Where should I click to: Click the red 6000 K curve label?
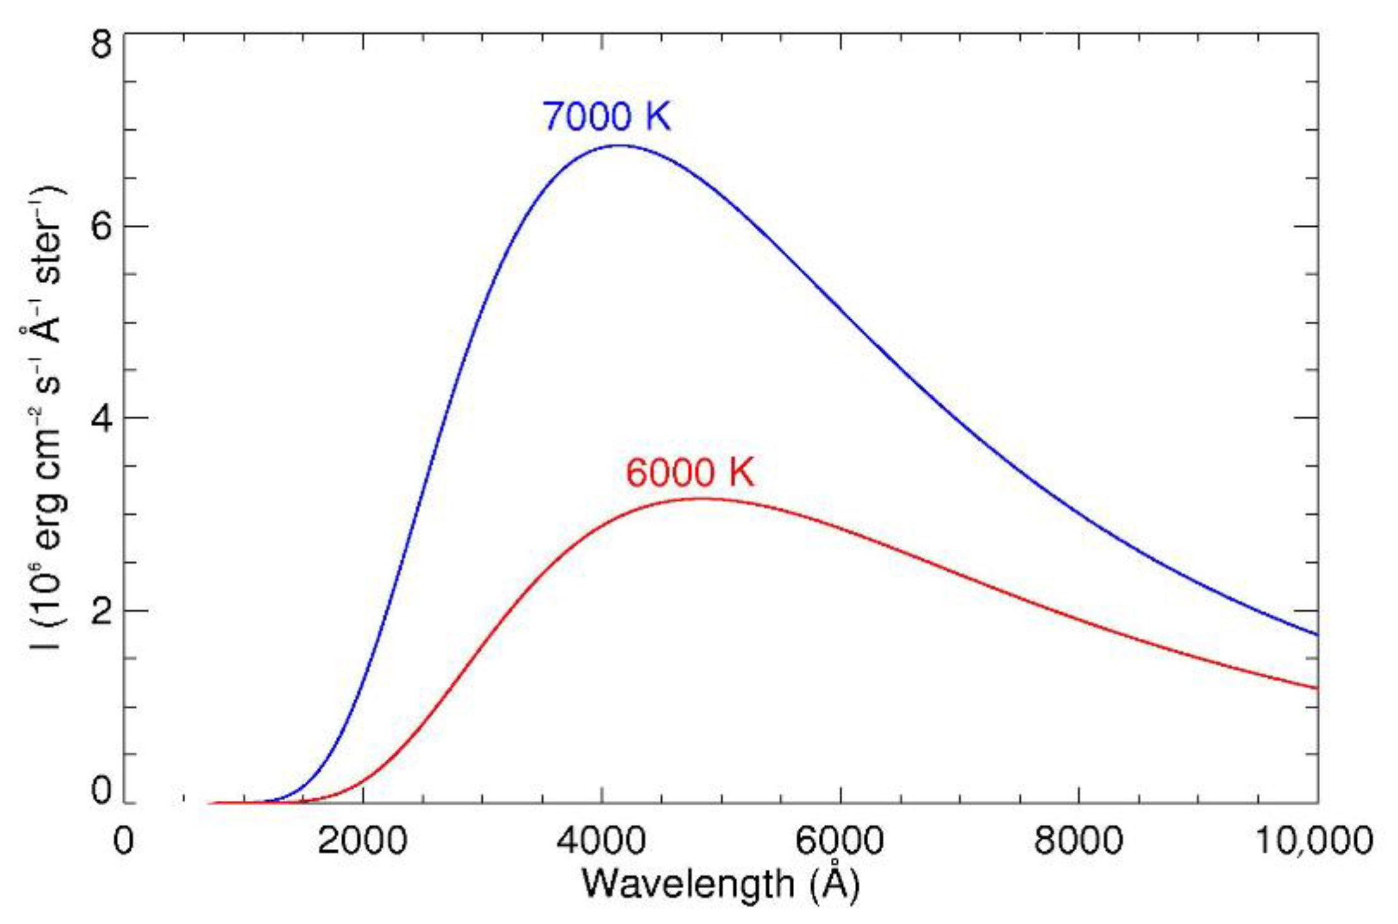coord(690,472)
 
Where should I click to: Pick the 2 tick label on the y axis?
coord(101,612)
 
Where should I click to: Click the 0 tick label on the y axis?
coord(101,791)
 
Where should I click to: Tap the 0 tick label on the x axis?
coord(123,841)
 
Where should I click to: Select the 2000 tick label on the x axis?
coord(362,841)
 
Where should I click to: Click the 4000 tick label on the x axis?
coord(601,841)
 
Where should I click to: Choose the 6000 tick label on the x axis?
coord(840,841)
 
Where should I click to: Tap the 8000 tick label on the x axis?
coord(1078,841)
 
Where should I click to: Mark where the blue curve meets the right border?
coord(1318,635)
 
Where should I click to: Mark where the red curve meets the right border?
coord(1318,688)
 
